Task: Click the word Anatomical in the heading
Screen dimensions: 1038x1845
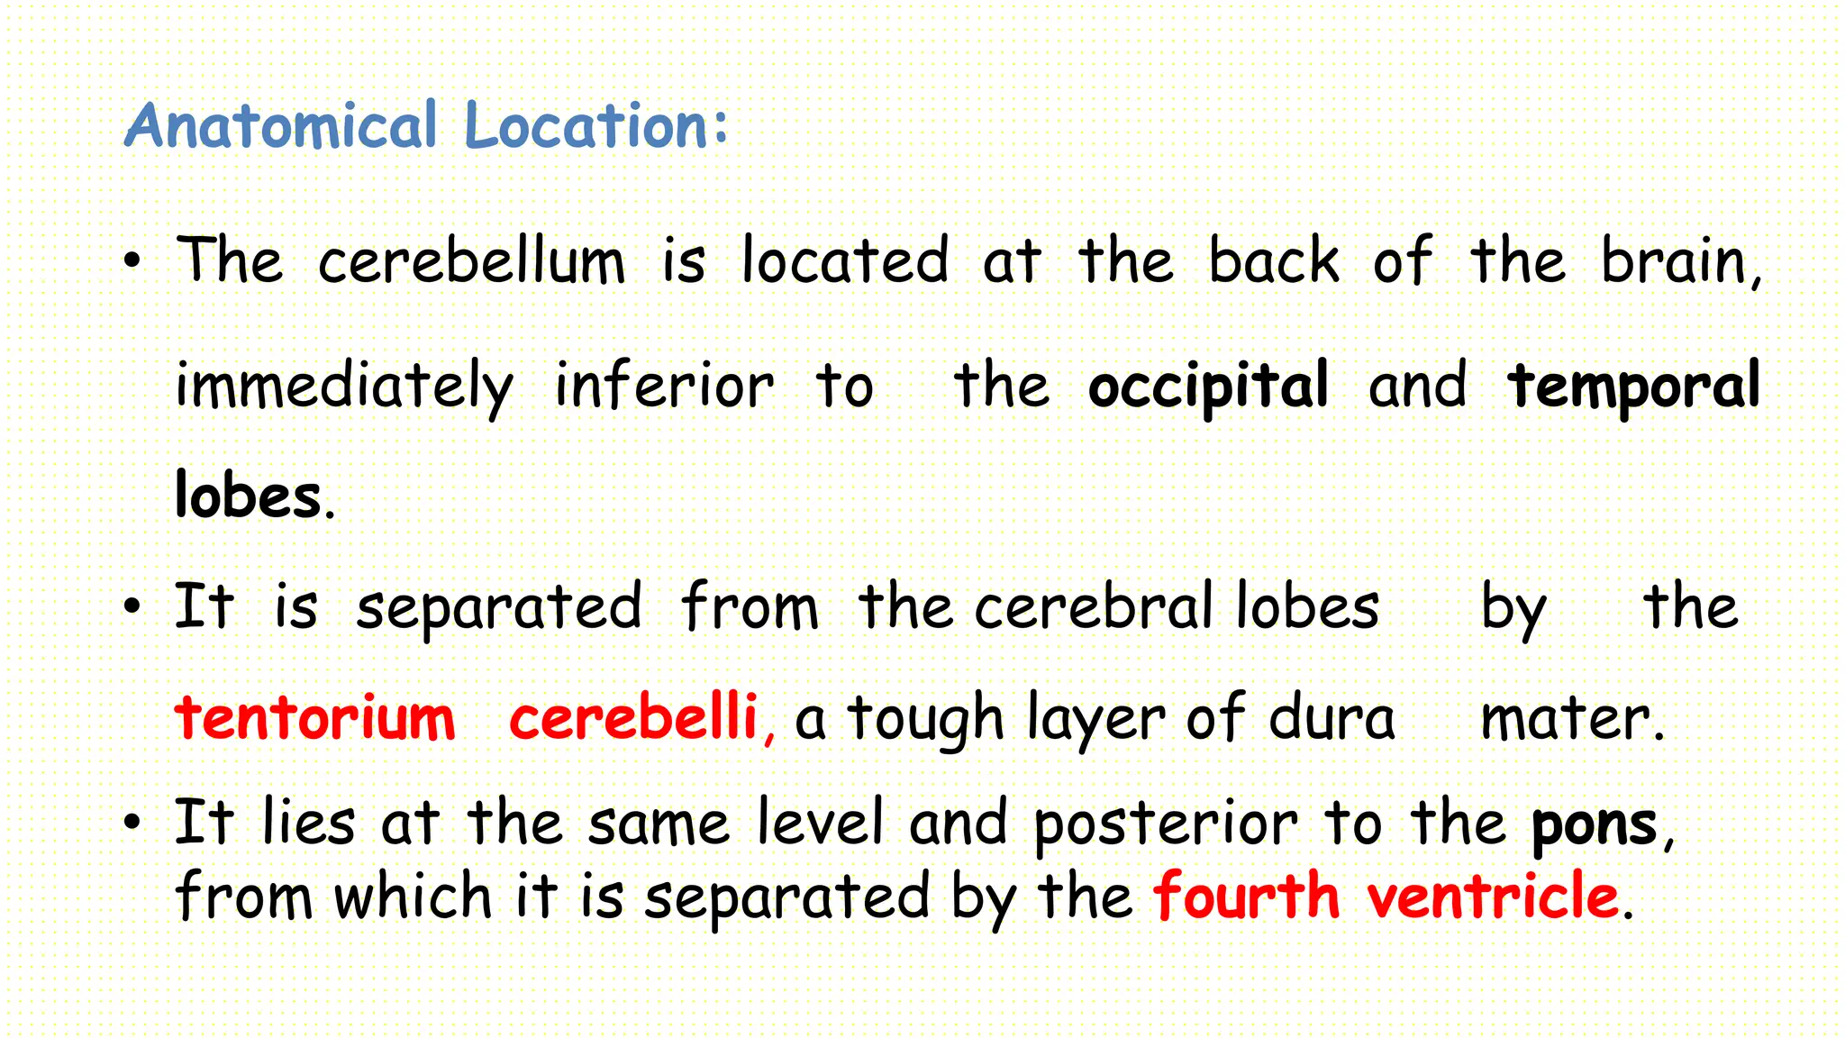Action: click(281, 125)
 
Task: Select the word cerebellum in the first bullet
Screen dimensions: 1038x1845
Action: click(471, 262)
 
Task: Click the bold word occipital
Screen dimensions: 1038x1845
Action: click(1208, 387)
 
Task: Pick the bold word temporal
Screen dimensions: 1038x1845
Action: click(1633, 387)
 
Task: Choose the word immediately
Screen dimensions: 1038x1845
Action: click(344, 387)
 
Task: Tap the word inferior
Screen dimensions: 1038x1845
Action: click(664, 387)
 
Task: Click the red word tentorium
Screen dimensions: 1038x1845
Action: click(315, 719)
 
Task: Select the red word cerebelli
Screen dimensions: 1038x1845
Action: click(633, 719)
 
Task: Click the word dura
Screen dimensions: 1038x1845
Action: click(1331, 719)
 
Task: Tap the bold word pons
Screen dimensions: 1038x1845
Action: click(1594, 824)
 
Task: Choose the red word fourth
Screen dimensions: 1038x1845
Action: click(1247, 897)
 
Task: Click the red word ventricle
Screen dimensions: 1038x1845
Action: click(1493, 897)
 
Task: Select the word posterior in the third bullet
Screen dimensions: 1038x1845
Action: click(1165, 824)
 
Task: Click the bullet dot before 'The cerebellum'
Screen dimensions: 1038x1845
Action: click(133, 262)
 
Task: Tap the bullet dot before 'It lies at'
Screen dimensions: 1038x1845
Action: click(133, 823)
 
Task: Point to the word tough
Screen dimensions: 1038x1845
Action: click(925, 719)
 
